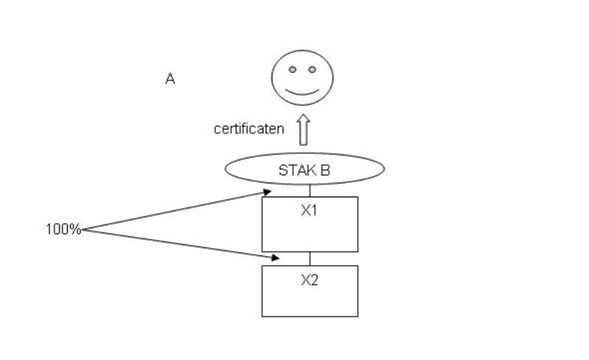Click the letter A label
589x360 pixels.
pyautogui.click(x=170, y=79)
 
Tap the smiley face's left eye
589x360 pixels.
pyautogui.click(x=292, y=69)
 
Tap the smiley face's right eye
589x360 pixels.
pyautogui.click(x=312, y=69)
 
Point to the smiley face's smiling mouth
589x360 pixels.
pyautogui.click(x=302, y=93)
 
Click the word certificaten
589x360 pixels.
pyautogui.click(x=249, y=129)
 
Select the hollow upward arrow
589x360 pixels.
pyautogui.click(x=303, y=130)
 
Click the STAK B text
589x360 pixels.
pyautogui.click(x=304, y=171)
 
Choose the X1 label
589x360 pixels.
pyautogui.click(x=309, y=211)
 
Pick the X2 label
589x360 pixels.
pyautogui.click(x=309, y=280)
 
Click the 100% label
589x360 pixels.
pyautogui.click(x=63, y=229)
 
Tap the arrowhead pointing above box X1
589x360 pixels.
pyautogui.click(x=267, y=192)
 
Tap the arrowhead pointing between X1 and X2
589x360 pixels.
pyautogui.click(x=275, y=258)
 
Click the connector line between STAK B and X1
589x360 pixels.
pyautogui.click(x=310, y=191)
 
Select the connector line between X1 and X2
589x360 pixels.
pyautogui.click(x=310, y=258)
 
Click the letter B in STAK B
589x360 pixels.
pyautogui.click(x=325, y=171)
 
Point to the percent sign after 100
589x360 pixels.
pyautogui.click(x=77, y=229)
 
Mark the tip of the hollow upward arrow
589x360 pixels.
pyautogui.click(x=303, y=115)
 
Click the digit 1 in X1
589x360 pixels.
pyautogui.click(x=314, y=211)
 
